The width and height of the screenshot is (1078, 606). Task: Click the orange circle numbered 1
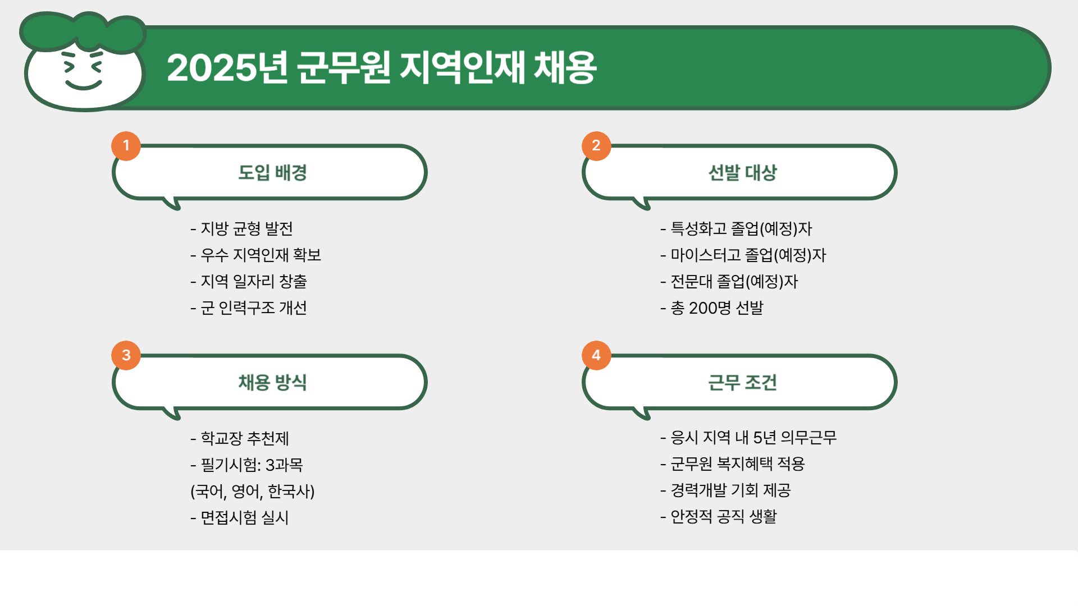126,146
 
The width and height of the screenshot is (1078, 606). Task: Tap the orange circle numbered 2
596,146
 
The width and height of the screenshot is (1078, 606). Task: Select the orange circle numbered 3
126,355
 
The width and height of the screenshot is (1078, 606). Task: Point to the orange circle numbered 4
596,355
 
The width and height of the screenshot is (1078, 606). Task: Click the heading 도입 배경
272,172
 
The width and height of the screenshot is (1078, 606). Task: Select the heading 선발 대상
742,172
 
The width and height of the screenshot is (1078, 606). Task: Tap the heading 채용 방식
272,382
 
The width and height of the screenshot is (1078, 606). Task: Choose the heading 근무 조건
742,382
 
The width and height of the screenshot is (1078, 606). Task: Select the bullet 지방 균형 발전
242,228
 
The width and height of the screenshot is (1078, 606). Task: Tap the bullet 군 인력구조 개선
249,308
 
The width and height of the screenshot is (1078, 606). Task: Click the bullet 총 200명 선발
712,308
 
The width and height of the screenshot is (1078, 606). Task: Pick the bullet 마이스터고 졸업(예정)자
743,255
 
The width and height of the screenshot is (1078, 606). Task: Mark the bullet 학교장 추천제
240,438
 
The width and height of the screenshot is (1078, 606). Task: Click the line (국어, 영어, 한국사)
253,492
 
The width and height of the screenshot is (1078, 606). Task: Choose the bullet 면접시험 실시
240,517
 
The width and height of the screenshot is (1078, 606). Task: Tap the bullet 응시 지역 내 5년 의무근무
749,438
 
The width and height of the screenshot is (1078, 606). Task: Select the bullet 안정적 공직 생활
719,517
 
